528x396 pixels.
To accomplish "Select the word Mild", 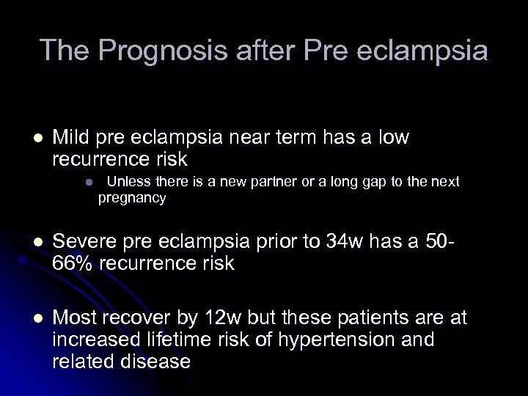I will pos(72,137).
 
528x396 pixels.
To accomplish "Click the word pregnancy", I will pos(133,198).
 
